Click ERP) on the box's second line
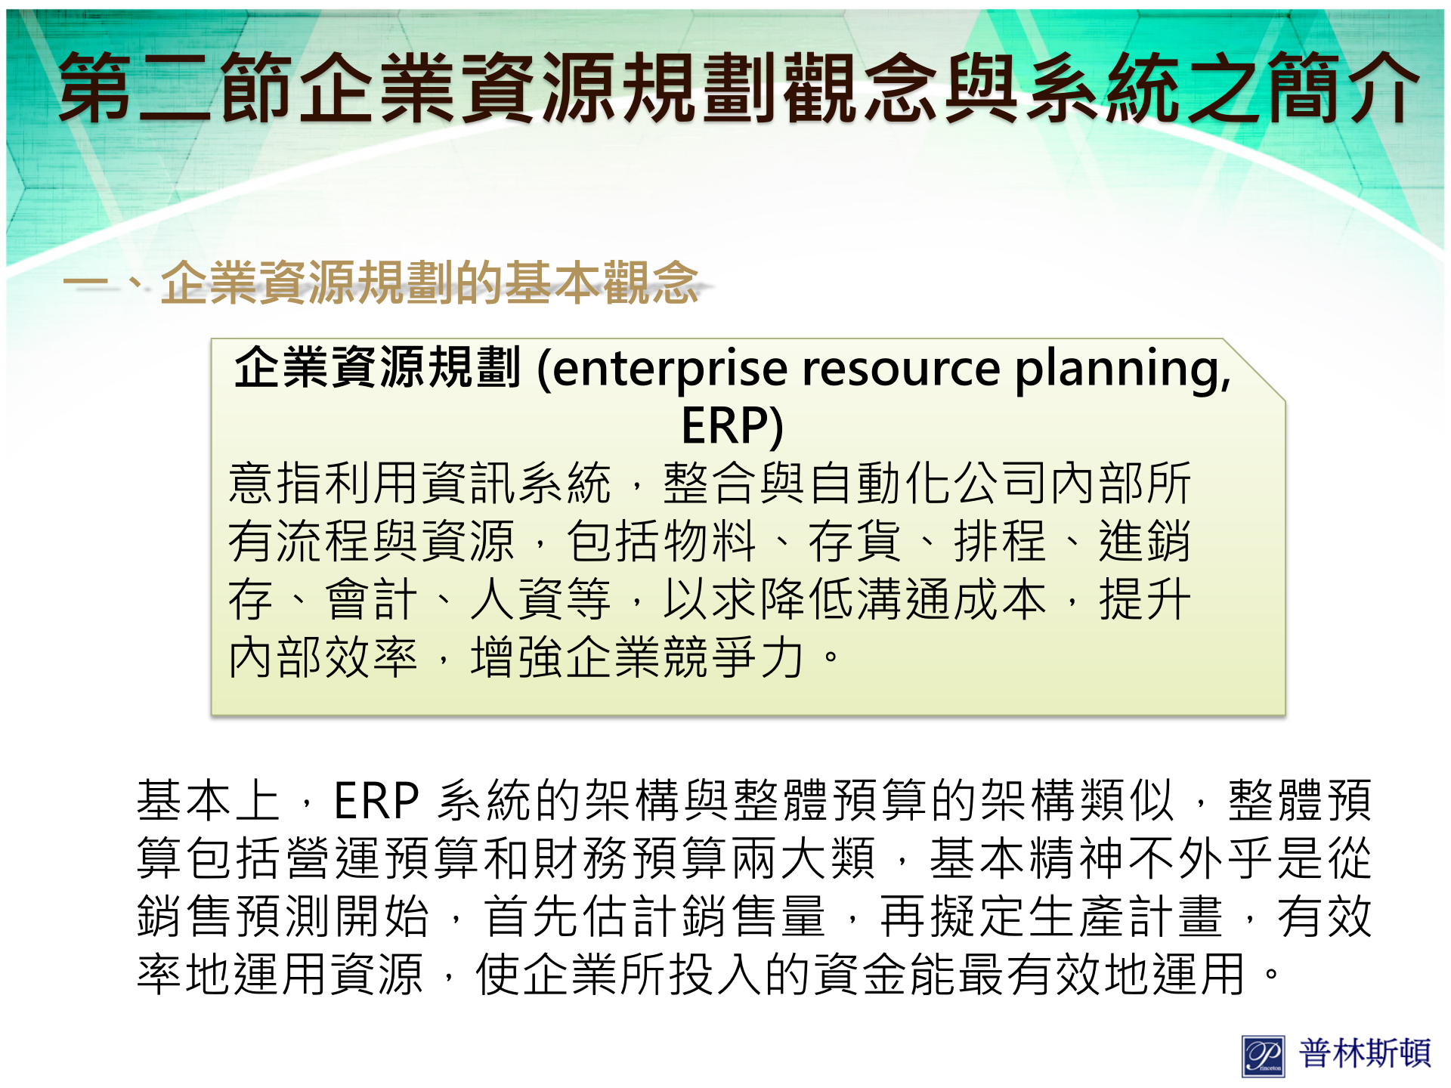pyautogui.click(x=732, y=425)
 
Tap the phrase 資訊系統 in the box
pyautogui.click(x=516, y=484)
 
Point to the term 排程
pyautogui.click(x=1001, y=541)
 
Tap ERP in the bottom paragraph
pyautogui.click(x=376, y=801)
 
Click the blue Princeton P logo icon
pyautogui.click(x=1263, y=1056)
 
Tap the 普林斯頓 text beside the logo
pyautogui.click(x=1365, y=1053)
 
